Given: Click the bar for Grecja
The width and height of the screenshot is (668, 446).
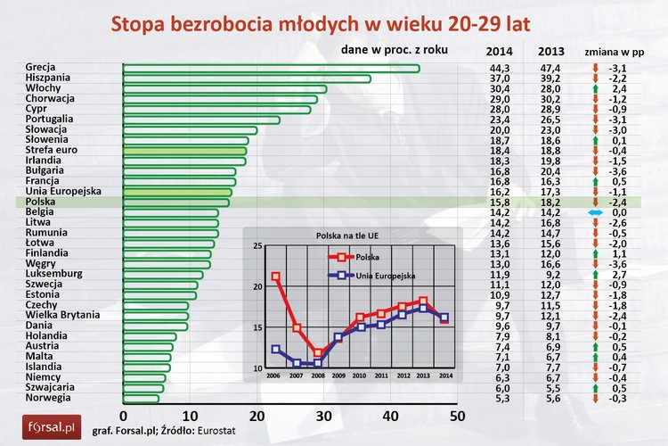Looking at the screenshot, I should (267, 69).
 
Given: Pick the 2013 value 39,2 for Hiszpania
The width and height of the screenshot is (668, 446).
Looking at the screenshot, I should (550, 78).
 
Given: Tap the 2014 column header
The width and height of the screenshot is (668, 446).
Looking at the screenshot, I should (501, 50).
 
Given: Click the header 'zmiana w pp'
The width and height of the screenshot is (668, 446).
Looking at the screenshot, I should (615, 50).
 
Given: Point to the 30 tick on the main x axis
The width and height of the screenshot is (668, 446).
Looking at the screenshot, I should (323, 417).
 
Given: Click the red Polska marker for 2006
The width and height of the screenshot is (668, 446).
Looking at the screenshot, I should (274, 277).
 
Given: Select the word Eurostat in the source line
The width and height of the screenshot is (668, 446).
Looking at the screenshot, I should (245, 431).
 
